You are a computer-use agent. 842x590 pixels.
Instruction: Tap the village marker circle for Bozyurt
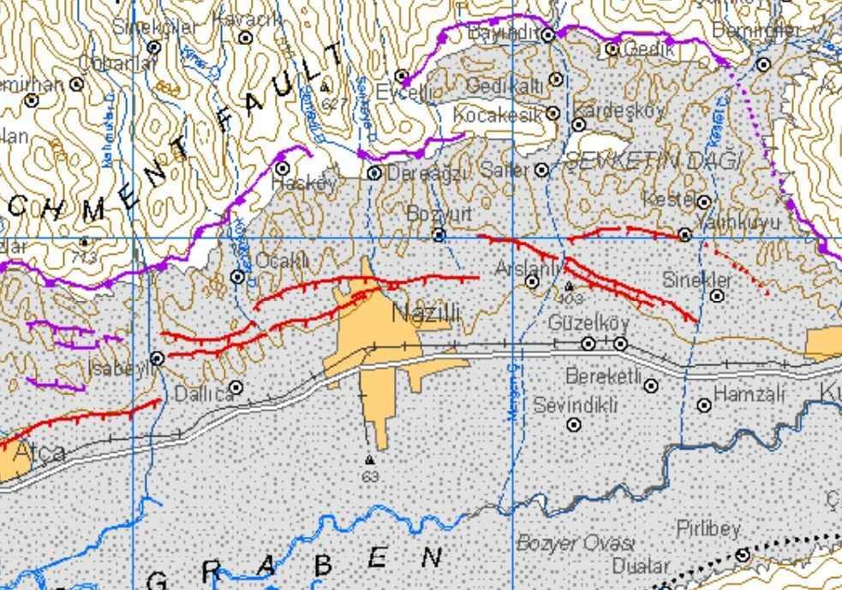point(439,235)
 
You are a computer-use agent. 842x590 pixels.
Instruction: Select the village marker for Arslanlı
point(532,281)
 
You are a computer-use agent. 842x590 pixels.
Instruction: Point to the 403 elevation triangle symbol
point(569,286)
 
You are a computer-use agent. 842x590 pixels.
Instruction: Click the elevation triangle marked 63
point(369,460)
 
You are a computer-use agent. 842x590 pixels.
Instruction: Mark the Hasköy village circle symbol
point(282,168)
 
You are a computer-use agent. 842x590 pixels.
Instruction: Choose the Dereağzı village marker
point(374,173)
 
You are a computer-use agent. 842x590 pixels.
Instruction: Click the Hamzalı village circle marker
point(704,405)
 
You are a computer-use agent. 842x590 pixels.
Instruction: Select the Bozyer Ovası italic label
point(575,543)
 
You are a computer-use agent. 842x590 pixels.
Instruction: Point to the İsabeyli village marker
point(158,358)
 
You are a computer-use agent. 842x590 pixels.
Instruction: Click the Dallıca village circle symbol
point(236,387)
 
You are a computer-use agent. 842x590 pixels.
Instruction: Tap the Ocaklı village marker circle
point(237,276)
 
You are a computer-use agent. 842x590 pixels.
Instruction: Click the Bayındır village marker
point(548,34)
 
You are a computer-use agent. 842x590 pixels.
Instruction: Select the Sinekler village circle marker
point(717,296)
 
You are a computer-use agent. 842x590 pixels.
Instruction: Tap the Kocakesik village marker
point(552,113)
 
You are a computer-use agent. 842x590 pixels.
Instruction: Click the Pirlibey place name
point(708,529)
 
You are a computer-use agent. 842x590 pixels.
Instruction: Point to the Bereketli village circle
point(651,386)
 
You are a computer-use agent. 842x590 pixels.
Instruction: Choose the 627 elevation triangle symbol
point(325,87)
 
